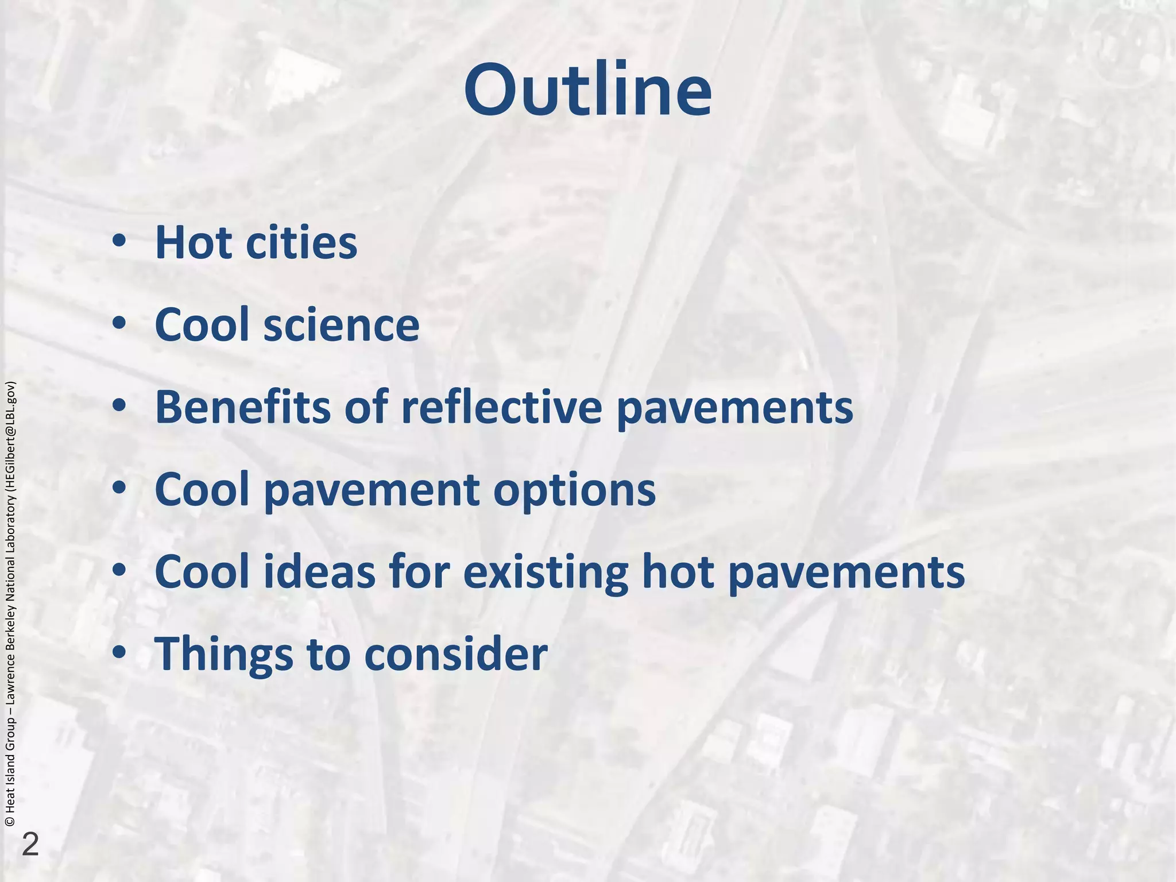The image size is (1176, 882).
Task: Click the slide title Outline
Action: click(587, 91)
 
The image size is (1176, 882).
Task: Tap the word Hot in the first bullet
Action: click(193, 242)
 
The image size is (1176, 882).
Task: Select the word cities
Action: click(301, 242)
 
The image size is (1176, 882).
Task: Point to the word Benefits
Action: click(242, 407)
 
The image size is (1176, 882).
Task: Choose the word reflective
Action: click(502, 407)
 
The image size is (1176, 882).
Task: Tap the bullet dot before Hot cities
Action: click(119, 242)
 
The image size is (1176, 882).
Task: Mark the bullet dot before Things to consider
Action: click(119, 653)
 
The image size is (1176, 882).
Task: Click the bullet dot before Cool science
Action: click(119, 324)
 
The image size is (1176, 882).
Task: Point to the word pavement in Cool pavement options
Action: click(372, 490)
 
